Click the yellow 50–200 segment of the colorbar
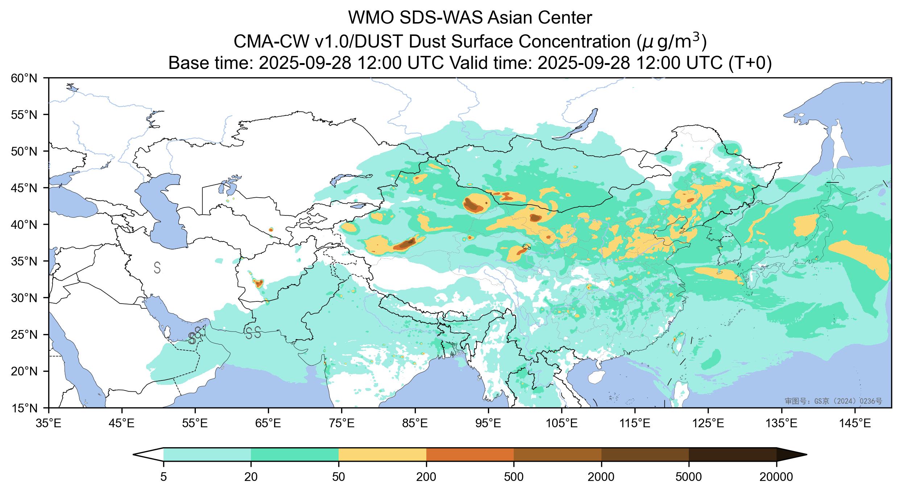[382, 454]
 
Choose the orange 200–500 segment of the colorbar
[470, 454]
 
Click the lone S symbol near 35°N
[157, 267]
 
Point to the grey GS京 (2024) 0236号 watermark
[833, 401]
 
